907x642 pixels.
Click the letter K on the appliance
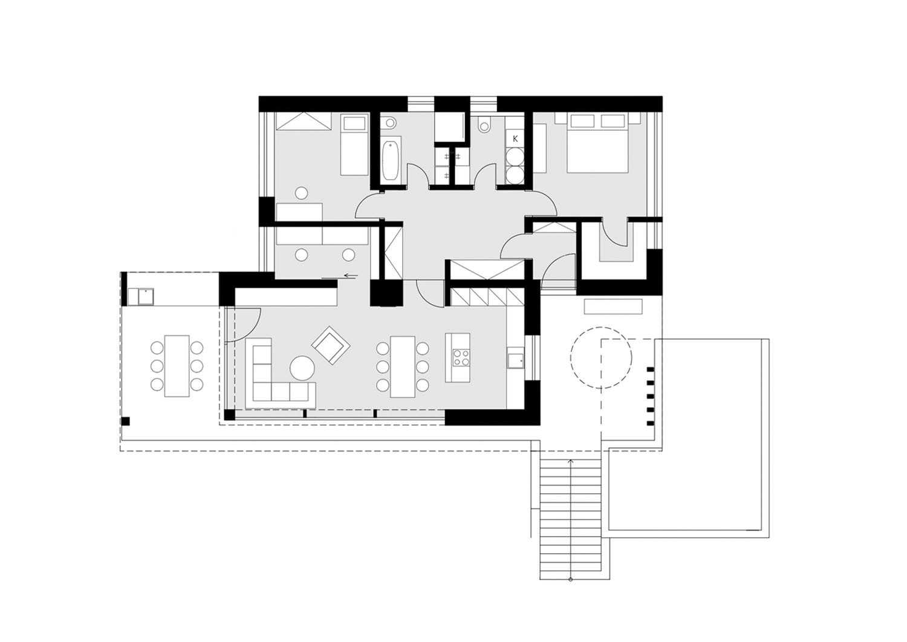(515, 139)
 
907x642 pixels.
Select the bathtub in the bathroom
(391, 160)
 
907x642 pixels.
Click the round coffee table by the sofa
(302, 368)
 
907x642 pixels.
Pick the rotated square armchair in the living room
(330, 346)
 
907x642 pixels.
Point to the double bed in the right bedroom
(597, 143)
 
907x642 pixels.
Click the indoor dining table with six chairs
(403, 367)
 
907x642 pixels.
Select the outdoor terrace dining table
(177, 366)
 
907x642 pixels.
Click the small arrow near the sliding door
(351, 276)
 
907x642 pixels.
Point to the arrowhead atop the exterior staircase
(571, 461)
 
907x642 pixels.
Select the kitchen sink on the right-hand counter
(515, 358)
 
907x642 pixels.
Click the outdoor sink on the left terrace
(146, 297)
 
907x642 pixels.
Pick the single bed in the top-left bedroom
(354, 144)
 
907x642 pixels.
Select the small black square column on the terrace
(126, 421)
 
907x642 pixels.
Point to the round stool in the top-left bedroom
(302, 192)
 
